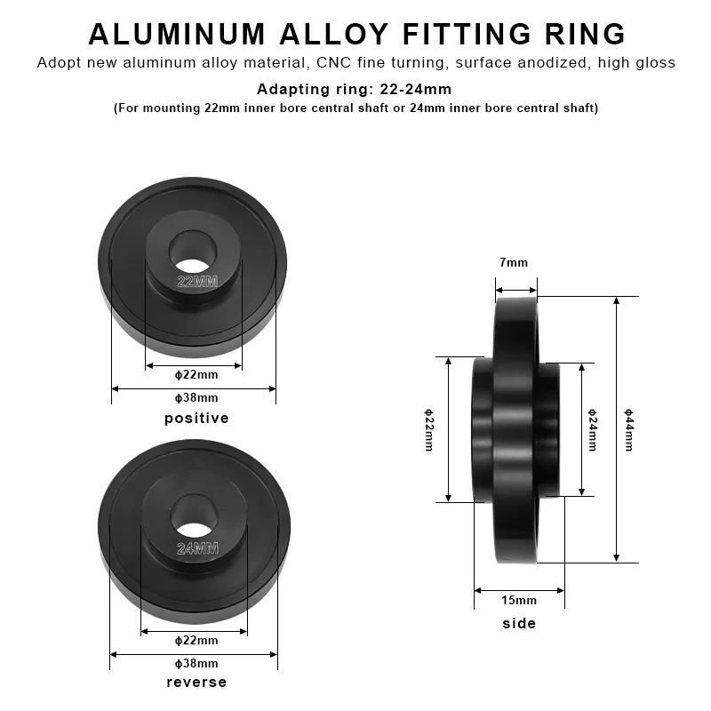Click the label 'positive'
(196, 418)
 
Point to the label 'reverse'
(196, 682)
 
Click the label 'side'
(519, 623)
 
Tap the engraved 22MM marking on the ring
(197, 283)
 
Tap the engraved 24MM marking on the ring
(197, 548)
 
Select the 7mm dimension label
(514, 262)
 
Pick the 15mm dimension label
(519, 601)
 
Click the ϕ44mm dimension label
(628, 429)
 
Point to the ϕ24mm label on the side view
(593, 429)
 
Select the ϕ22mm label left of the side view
(428, 429)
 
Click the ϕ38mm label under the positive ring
(196, 397)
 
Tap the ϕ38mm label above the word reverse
(196, 663)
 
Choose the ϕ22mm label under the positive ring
(196, 373)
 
